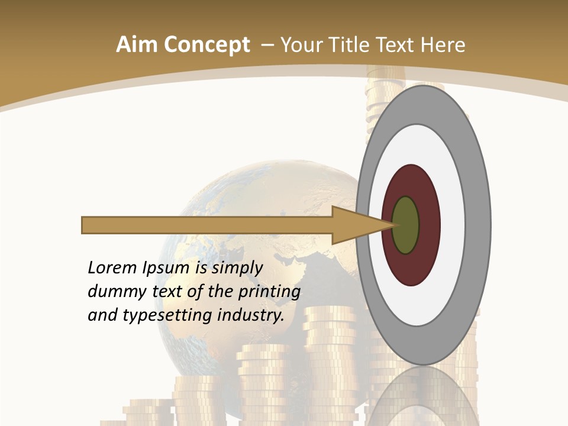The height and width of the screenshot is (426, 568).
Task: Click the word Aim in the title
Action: (x=137, y=45)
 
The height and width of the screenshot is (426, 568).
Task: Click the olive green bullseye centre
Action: (x=405, y=225)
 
